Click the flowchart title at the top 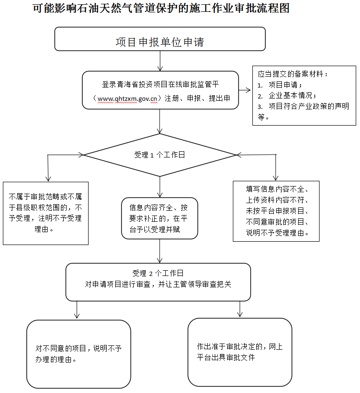point(161,8)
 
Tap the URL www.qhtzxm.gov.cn point(127,98)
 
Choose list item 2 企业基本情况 point(287,96)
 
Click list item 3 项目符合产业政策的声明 point(303,106)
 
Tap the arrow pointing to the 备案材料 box point(245,90)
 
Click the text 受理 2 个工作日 point(158,273)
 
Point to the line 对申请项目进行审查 point(158,284)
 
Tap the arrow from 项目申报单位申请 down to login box point(160,61)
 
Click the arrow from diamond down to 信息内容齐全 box point(160,187)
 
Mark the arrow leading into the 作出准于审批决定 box point(240,309)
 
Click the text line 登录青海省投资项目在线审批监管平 point(160,85)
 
